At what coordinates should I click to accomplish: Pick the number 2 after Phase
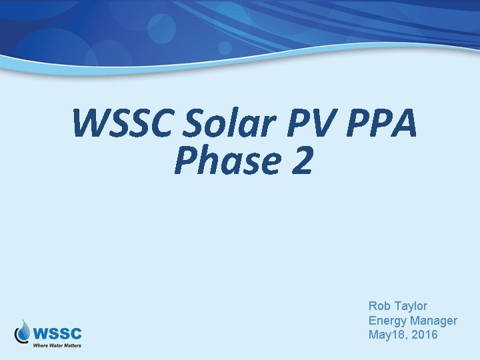[301, 162]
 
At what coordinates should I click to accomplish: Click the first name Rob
[379, 306]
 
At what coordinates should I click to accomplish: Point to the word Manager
[433, 321]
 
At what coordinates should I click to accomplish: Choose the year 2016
[424, 335]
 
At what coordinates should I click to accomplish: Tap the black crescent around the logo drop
[19, 335]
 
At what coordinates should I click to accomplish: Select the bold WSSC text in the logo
[58, 332]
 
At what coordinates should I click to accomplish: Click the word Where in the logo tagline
[40, 345]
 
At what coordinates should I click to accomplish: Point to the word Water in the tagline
[56, 345]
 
